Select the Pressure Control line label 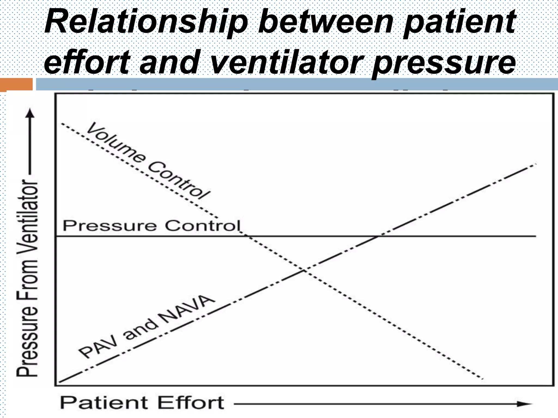coord(151,226)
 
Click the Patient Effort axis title coord(142,403)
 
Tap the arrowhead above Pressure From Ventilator coord(30,113)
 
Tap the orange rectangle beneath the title coord(16,84)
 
